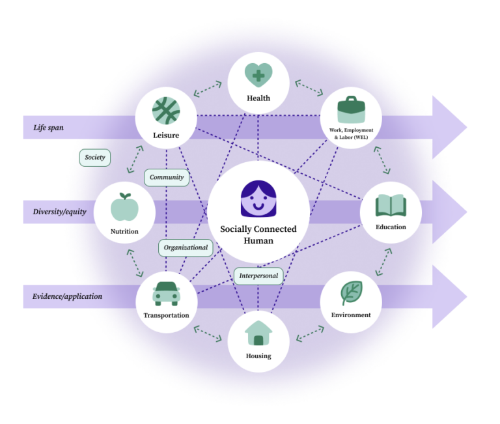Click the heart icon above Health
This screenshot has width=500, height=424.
[258, 76]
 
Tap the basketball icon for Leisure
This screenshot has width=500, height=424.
[165, 111]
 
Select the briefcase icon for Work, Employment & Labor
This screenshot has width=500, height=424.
[351, 109]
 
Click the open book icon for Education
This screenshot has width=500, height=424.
[391, 206]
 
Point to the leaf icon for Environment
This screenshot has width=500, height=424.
[351, 293]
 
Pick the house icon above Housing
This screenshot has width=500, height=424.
[258, 333]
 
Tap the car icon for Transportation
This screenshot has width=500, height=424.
[165, 293]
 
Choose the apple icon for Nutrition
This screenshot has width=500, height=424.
[124, 208]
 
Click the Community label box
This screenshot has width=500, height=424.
[167, 177]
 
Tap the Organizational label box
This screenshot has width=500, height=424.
[186, 247]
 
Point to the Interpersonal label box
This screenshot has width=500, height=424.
[258, 276]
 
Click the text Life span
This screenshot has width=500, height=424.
[49, 128]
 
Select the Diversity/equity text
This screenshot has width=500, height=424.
[60, 212]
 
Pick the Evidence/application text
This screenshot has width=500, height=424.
[68, 297]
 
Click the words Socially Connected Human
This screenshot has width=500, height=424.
[258, 234]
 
